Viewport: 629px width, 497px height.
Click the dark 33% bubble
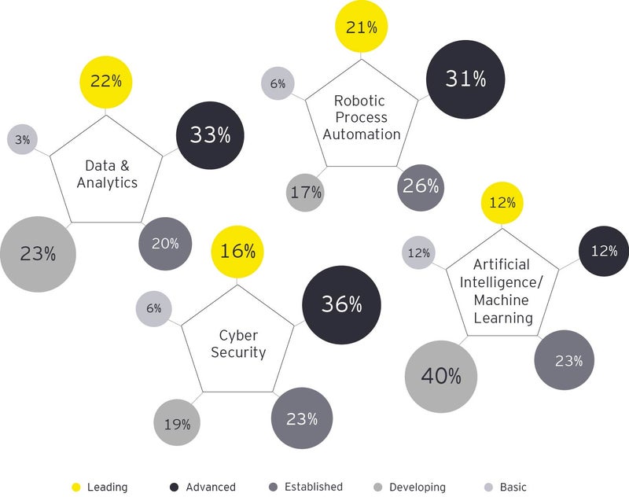click(209, 135)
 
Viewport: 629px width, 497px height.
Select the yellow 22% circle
click(106, 81)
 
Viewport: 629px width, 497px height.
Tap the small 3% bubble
click(23, 140)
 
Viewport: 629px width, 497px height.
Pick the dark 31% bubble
click(465, 79)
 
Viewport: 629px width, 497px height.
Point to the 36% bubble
click(341, 304)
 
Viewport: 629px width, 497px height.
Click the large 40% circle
click(441, 377)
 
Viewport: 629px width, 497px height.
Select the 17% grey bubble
click(306, 191)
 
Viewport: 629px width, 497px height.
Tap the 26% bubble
click(421, 187)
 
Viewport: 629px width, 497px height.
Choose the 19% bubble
click(177, 424)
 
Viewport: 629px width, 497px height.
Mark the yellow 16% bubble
click(237, 252)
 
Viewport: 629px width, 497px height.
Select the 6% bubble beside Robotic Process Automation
click(278, 84)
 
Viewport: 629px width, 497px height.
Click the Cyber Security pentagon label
click(237, 344)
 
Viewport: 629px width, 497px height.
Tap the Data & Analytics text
click(111, 174)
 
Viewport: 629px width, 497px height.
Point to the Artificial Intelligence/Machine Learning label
click(502, 291)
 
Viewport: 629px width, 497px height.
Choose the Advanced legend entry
click(202, 488)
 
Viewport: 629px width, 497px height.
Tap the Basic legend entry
click(503, 488)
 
